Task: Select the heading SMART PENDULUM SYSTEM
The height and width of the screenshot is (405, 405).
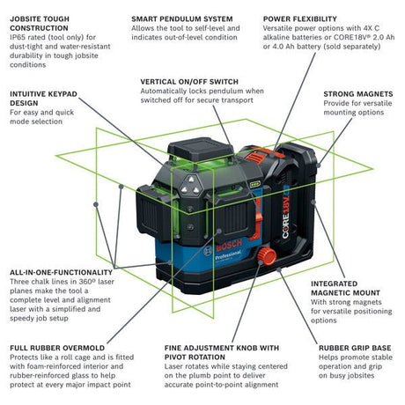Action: tap(180, 18)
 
